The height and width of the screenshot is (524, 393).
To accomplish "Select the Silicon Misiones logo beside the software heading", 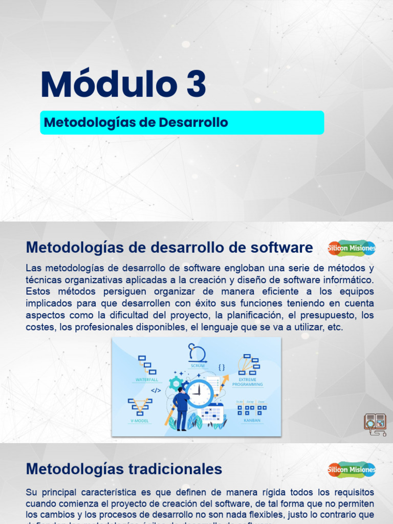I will click(x=352, y=248).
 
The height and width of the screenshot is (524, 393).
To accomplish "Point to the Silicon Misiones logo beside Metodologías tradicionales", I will click(x=352, y=469).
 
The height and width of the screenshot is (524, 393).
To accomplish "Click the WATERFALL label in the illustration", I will click(x=147, y=380).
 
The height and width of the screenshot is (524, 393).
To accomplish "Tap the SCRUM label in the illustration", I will click(x=197, y=366).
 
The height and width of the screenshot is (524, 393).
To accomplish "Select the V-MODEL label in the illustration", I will click(x=139, y=420).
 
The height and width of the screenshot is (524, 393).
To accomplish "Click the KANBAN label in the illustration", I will click(x=251, y=420).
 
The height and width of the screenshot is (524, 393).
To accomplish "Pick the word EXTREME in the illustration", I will click(x=247, y=380).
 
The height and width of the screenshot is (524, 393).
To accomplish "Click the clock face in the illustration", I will click(x=200, y=393).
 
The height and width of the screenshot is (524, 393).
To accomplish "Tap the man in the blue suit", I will click(x=181, y=408).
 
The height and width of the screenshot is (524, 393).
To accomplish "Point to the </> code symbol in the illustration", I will click(x=156, y=390).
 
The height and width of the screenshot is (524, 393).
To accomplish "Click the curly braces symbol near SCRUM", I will click(x=222, y=367).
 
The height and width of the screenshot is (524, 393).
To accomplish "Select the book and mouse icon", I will click(x=375, y=424).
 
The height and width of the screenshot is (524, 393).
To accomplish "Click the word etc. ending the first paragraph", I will click(x=334, y=327).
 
